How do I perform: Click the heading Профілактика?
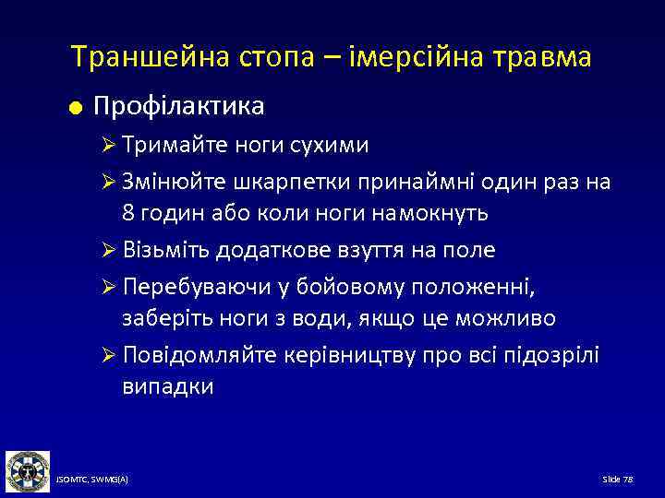[179, 106]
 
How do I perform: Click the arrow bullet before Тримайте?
[106, 146]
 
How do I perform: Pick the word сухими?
[328, 145]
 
